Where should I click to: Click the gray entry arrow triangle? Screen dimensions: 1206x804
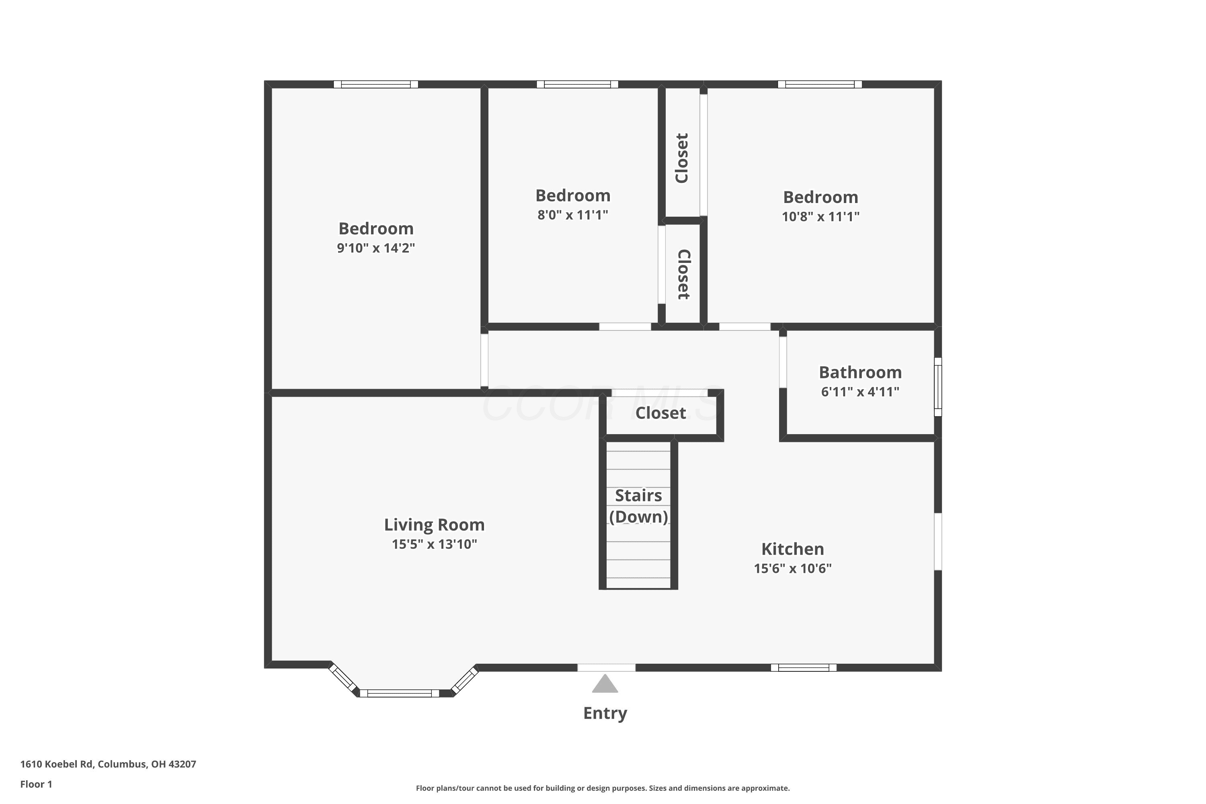point(605,684)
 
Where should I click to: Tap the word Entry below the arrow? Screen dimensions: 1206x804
point(605,713)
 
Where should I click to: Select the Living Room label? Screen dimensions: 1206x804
point(434,525)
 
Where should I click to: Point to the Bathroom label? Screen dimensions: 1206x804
point(860,372)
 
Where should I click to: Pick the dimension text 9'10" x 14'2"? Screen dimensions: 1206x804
point(376,248)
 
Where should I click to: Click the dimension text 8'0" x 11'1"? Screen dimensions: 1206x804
point(573,215)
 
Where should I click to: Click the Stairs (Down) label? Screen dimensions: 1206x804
point(638,506)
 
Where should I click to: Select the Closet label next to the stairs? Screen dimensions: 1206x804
point(660,413)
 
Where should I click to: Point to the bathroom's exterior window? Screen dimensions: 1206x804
point(938,387)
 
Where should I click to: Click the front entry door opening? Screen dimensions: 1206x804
point(607,668)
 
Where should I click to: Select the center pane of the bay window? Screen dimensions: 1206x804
point(400,694)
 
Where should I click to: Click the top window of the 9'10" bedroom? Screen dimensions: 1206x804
point(376,84)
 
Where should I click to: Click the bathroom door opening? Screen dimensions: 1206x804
point(783,362)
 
